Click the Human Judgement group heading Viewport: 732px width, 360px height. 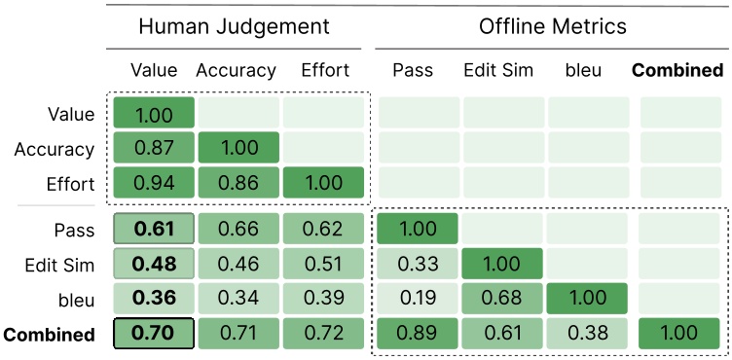tap(234, 26)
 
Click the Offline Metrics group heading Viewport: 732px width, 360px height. tap(552, 26)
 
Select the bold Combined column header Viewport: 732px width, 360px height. tap(677, 70)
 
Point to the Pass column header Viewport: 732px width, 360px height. tap(413, 70)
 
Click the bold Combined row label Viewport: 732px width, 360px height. tap(49, 335)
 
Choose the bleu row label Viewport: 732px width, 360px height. tap(74, 300)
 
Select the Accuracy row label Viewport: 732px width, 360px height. tap(55, 150)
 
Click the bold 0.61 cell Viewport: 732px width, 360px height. tap(154, 230)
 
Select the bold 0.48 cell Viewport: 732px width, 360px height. tap(154, 265)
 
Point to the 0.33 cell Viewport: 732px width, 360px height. tap(418, 265)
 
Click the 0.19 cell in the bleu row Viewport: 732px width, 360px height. tap(418, 300)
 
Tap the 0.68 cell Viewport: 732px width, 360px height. tap(503, 300)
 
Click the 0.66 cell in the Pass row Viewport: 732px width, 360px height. tap(238, 230)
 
